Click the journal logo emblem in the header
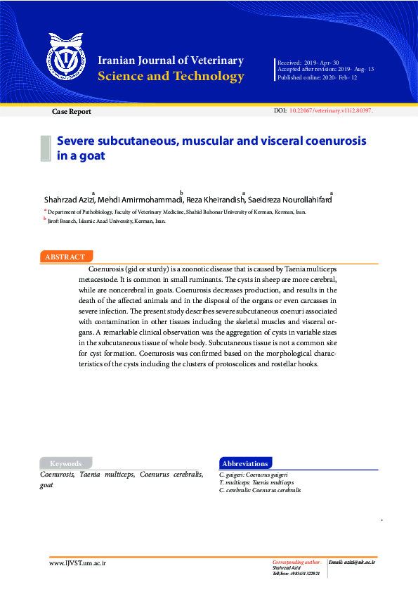point(63,59)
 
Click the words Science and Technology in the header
point(171,77)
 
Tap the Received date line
point(308,63)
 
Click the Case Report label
point(71,112)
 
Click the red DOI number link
point(331,111)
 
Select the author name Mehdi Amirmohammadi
point(140,200)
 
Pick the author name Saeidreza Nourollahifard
point(289,200)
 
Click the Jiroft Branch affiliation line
point(106,221)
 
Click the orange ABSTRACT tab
point(65,257)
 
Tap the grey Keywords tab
point(65,463)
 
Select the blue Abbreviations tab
point(244,463)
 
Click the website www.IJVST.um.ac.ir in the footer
point(77,563)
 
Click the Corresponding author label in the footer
point(296,562)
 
